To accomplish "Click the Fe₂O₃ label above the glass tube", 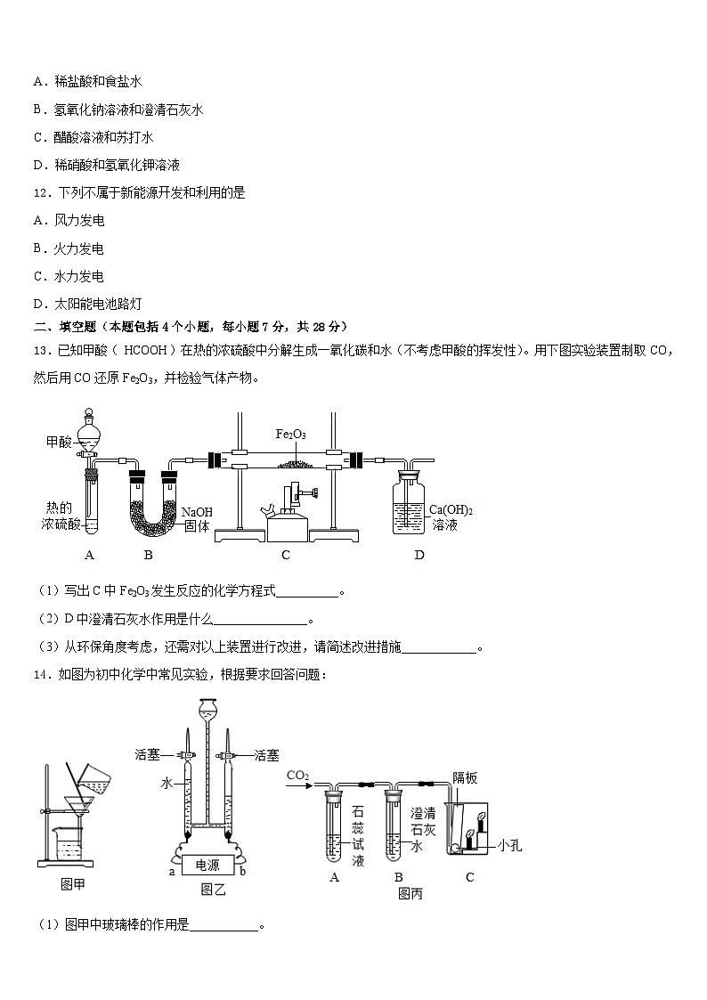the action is coord(290,434).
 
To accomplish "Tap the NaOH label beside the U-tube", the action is coord(197,512).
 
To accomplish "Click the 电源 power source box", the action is coord(207,865).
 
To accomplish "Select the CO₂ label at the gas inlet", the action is coord(297,776).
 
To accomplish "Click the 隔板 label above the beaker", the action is coord(464,777).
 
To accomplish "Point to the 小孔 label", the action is coord(509,845).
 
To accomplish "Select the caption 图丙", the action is coord(410,893).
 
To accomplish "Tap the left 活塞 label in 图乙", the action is coord(147,755).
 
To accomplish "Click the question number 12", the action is coord(40,192).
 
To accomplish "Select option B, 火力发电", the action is coord(69,248).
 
